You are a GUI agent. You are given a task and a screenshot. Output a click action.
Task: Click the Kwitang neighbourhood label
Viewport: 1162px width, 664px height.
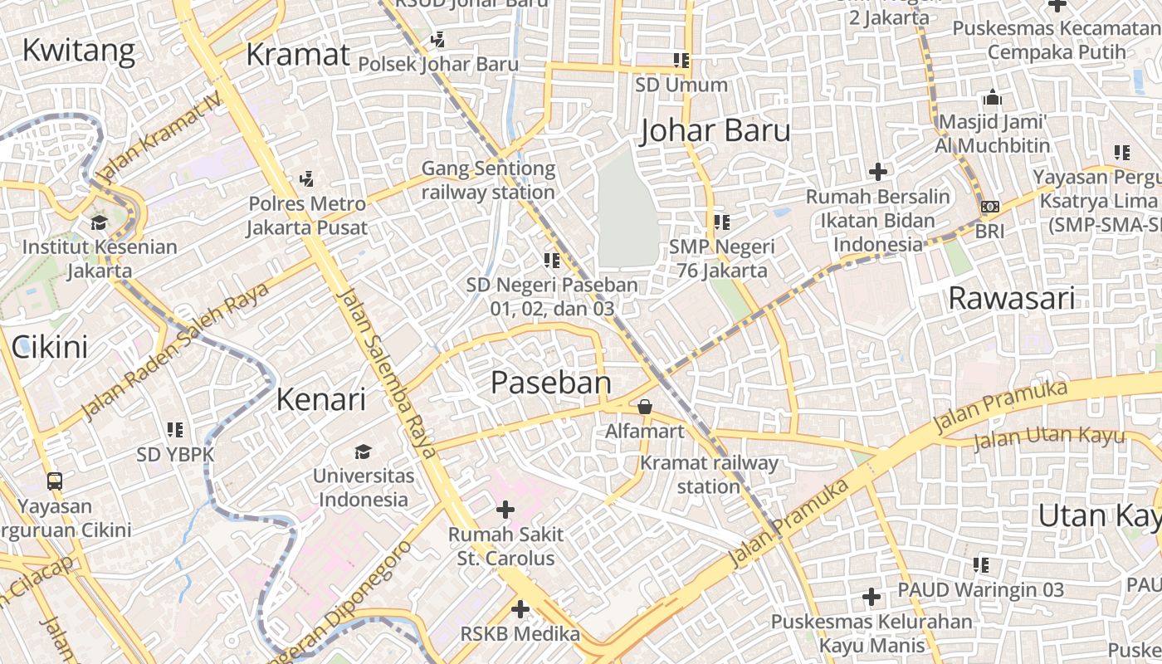[x=78, y=51]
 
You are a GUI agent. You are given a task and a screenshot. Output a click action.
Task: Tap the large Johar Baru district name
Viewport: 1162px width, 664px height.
[x=715, y=130]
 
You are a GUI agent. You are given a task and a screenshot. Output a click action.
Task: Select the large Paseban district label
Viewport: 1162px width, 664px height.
[x=551, y=383]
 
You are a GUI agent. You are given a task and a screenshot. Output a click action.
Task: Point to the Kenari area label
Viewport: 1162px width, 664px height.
[x=320, y=399]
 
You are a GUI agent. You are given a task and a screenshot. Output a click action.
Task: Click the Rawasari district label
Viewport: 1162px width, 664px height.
[x=1011, y=298]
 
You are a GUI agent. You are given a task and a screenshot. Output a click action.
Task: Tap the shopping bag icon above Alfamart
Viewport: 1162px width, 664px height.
[x=644, y=407]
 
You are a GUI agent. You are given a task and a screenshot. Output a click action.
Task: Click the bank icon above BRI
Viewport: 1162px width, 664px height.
[x=989, y=207]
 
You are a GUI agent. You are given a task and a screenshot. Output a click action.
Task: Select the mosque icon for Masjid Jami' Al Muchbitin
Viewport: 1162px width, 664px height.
[x=992, y=98]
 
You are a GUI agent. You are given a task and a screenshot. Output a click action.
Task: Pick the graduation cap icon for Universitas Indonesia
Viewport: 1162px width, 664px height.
[x=363, y=452]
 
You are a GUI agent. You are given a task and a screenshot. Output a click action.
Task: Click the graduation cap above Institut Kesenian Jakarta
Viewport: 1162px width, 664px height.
[x=99, y=222]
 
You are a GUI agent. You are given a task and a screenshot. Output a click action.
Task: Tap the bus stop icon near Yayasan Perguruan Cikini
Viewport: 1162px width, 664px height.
[x=54, y=481]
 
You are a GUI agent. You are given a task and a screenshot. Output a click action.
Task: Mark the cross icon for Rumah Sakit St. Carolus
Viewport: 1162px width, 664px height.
[x=505, y=510]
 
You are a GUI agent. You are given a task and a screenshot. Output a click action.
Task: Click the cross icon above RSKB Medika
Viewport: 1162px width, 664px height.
[x=520, y=610]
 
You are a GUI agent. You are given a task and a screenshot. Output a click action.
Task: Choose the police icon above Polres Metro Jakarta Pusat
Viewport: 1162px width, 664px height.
[x=306, y=178]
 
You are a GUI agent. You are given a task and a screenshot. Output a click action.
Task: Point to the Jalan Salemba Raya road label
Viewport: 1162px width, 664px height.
[x=388, y=373]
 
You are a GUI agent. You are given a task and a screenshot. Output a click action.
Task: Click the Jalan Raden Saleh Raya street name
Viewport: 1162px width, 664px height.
[x=175, y=352]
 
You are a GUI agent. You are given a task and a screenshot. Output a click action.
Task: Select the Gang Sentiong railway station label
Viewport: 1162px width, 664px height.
[x=488, y=180]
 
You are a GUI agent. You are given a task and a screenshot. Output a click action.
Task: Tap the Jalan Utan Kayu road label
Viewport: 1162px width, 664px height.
[x=1048, y=437]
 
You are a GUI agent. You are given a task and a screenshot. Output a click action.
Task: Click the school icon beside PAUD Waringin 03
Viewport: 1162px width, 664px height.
[x=981, y=565]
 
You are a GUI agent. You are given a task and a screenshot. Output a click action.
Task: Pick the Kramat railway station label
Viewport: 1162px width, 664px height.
[x=709, y=474]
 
